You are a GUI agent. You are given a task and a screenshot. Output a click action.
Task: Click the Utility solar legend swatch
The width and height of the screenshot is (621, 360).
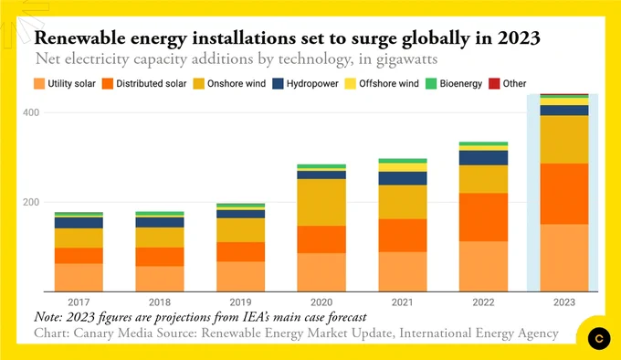[x=39, y=83]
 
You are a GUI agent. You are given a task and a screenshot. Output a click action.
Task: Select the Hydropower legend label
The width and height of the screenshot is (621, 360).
[x=312, y=83]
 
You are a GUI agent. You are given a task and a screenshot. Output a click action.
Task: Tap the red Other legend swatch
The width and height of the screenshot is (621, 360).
[x=494, y=83]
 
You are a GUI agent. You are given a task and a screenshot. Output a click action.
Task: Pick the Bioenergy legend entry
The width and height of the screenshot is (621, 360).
[x=454, y=83]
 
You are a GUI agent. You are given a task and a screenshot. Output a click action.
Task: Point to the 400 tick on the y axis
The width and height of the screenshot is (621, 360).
[x=31, y=112]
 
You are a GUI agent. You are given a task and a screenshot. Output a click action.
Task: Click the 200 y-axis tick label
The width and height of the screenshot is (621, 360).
[x=31, y=202]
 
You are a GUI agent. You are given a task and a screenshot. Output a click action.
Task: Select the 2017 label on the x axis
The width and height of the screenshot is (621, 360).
[x=79, y=302]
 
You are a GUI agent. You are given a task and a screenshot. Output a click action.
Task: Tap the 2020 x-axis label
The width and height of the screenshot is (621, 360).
[x=321, y=302]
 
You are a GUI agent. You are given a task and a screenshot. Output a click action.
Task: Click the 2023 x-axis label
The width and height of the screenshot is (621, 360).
[x=564, y=302]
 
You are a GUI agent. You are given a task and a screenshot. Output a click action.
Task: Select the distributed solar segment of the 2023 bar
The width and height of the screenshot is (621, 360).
[x=564, y=194]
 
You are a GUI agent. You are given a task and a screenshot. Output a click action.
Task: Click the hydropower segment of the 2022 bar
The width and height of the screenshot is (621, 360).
[x=484, y=158]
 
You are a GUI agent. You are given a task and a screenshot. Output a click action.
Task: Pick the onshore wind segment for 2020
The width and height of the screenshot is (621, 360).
[x=321, y=202]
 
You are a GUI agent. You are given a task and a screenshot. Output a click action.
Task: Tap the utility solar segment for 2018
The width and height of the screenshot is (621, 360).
[x=160, y=279]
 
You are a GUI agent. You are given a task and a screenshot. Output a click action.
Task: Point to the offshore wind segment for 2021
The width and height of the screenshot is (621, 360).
[x=403, y=167]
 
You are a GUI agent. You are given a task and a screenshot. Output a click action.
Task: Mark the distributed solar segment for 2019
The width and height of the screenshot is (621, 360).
[x=241, y=252]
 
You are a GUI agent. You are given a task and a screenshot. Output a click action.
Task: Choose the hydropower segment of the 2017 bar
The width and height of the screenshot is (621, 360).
[x=79, y=223]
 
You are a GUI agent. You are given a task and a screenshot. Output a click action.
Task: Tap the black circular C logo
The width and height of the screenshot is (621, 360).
[x=599, y=338]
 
